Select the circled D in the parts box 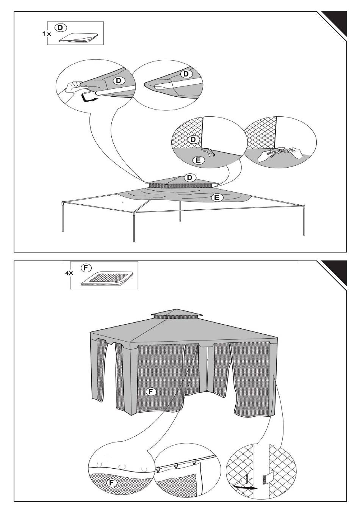(60, 27)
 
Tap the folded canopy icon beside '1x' (78, 38)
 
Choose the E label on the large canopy (217, 197)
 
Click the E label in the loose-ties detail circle (197, 160)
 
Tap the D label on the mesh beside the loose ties (194, 140)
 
